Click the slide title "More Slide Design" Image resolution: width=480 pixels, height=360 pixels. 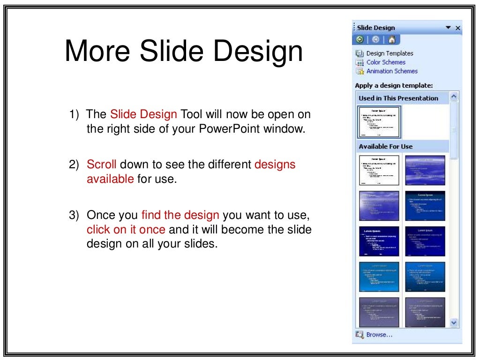(183, 51)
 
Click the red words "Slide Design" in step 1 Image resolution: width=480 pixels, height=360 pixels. (143, 114)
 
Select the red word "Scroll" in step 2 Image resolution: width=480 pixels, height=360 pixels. (101, 165)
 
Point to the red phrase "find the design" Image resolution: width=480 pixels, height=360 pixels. (180, 215)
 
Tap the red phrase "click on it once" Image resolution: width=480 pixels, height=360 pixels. (126, 230)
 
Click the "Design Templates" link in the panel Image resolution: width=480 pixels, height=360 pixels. (390, 53)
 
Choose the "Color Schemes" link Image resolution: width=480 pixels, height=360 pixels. (386, 62)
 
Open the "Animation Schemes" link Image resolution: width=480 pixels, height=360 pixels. (392, 71)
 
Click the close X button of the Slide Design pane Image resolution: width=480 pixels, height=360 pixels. (458, 28)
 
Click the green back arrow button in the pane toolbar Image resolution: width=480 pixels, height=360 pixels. (360, 40)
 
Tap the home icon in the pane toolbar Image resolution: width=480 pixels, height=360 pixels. (392, 40)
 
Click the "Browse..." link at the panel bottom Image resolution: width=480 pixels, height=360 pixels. (379, 335)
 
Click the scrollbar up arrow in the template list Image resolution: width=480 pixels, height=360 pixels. (454, 97)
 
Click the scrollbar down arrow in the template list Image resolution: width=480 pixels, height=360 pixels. (454, 322)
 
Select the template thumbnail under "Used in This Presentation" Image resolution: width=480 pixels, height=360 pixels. (379, 122)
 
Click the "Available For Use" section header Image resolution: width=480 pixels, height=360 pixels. (385, 147)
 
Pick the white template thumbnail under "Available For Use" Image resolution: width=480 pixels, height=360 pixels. (379, 171)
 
